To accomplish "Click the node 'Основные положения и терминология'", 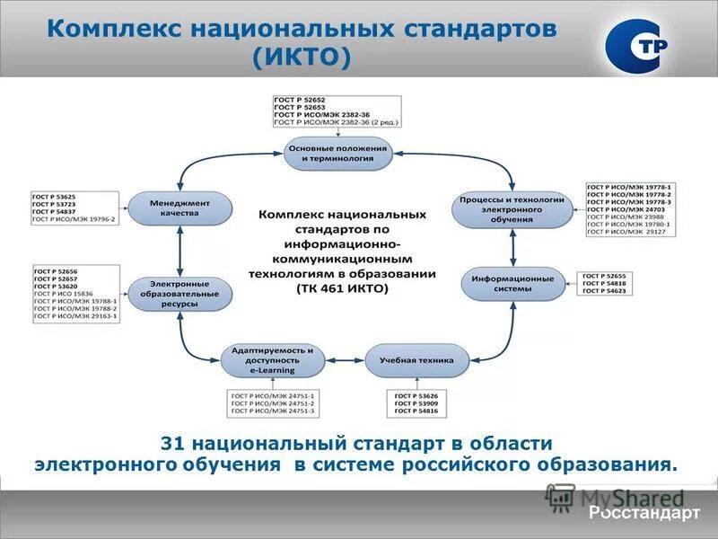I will coord(338,153).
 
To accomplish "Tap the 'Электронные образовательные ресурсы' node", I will coord(179,293).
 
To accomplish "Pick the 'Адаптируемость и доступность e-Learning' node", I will coord(273,360).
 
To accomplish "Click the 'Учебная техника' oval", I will coord(416,360).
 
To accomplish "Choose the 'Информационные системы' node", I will coord(512,284).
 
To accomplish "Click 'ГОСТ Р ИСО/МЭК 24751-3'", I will coord(274,411).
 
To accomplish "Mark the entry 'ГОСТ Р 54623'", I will coord(603,292).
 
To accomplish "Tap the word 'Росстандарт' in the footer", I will coord(644,513).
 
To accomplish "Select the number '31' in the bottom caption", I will coord(171,443).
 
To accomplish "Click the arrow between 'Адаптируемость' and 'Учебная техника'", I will coord(344,360).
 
